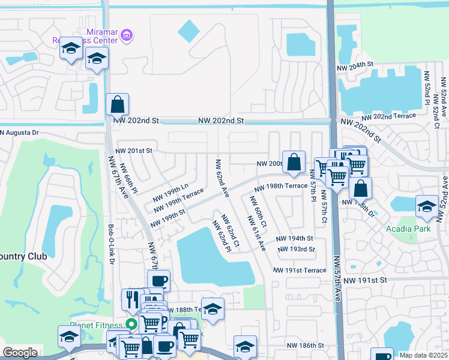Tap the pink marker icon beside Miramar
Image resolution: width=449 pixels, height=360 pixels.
click(x=126, y=36)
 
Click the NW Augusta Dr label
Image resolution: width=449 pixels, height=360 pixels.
click(x=19, y=133)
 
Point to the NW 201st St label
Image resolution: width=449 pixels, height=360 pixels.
click(x=134, y=151)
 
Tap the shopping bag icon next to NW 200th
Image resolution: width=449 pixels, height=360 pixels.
click(x=294, y=163)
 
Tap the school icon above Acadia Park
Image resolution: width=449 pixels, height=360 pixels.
click(x=426, y=207)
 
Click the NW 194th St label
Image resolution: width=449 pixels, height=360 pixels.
click(x=295, y=238)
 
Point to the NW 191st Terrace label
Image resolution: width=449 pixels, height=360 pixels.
click(x=300, y=271)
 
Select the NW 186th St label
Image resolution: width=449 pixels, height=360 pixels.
click(x=305, y=346)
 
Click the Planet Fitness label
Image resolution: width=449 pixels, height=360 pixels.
click(x=96, y=325)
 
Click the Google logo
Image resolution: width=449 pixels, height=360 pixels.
click(x=20, y=353)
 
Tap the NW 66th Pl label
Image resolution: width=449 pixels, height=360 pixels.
click(x=129, y=178)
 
